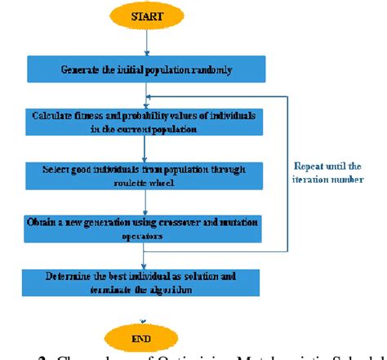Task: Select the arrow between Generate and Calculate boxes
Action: [x=145, y=95]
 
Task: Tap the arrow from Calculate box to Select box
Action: [x=145, y=148]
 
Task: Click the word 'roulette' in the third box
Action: [x=128, y=183]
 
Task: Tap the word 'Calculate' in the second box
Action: [x=55, y=116]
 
